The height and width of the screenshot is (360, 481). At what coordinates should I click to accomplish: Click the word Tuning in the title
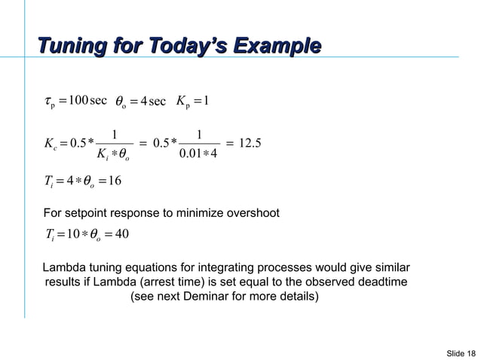(x=74, y=44)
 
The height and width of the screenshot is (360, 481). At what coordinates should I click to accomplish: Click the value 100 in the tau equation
(x=77, y=101)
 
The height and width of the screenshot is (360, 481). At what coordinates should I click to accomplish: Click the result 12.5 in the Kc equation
(x=248, y=144)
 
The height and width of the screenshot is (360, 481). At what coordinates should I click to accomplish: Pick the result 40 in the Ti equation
(x=122, y=233)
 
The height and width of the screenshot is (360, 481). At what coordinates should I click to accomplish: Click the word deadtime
(x=381, y=282)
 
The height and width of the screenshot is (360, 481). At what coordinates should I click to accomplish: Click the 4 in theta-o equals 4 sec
(x=143, y=101)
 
